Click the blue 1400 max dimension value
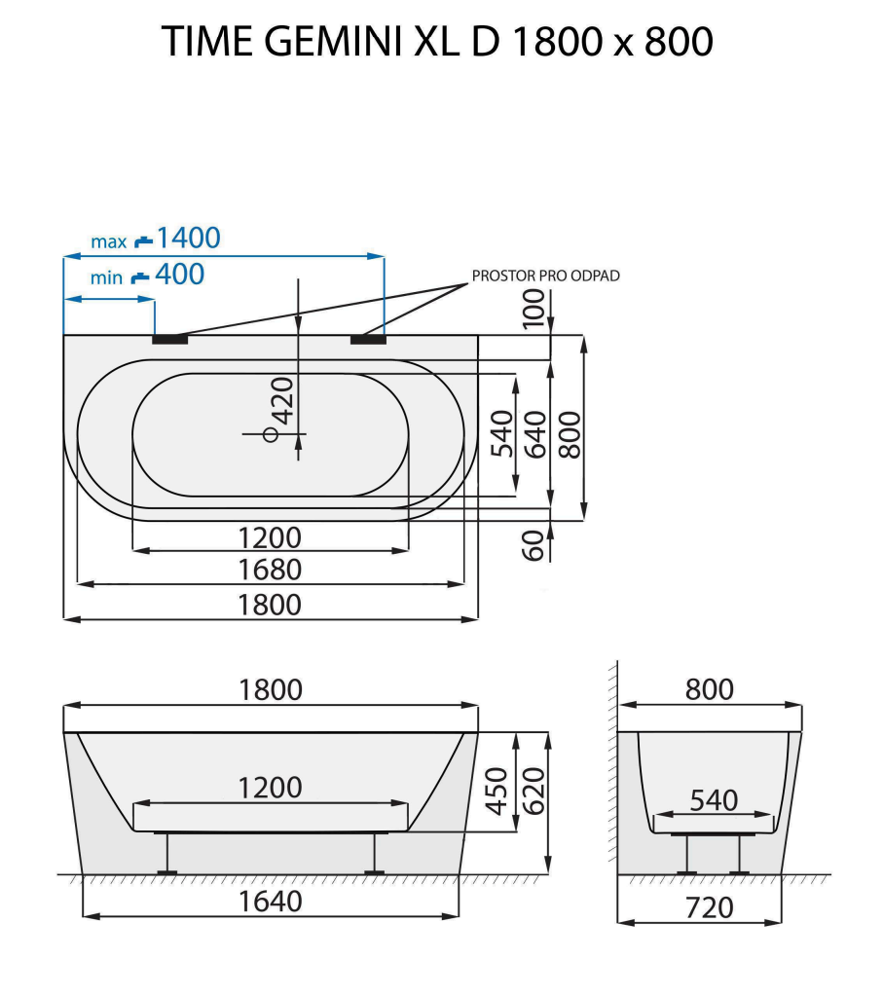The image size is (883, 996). point(189,238)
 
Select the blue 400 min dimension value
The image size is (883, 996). point(180,276)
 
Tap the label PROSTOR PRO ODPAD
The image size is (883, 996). point(545,276)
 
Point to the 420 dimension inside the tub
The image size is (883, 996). point(282,398)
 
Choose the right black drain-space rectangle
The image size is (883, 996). point(368,339)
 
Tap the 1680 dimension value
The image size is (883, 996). point(270,570)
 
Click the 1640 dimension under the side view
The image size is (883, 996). point(270,903)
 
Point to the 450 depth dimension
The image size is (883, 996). point(497,791)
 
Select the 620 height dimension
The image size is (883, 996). point(533,791)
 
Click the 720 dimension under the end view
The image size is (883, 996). point(709,907)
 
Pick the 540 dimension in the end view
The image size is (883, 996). point(714,800)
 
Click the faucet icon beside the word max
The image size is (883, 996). point(144,240)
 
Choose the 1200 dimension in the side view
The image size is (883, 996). point(270,787)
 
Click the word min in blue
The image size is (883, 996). point(107,278)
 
